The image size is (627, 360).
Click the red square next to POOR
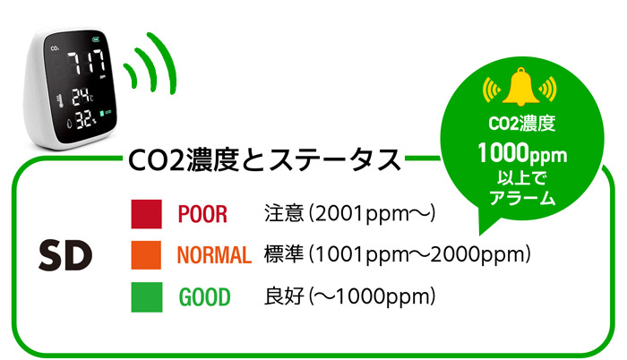pyautogui.click(x=146, y=214)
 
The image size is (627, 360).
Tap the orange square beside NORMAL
pyautogui.click(x=146, y=255)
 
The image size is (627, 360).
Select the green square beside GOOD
pyautogui.click(x=147, y=296)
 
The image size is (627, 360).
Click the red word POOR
pyautogui.click(x=202, y=214)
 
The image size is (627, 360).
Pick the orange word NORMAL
pyautogui.click(x=214, y=255)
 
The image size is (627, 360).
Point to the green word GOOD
pyautogui.click(x=205, y=296)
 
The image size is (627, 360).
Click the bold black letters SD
pyautogui.click(x=65, y=255)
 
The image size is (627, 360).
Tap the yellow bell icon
pyautogui.click(x=520, y=87)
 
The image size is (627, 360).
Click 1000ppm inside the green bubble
pyautogui.click(x=522, y=154)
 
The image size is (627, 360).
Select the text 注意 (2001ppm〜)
pyautogui.click(x=349, y=214)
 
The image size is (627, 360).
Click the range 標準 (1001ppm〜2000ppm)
pyautogui.click(x=397, y=255)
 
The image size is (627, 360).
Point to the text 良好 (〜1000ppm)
pyautogui.click(x=349, y=296)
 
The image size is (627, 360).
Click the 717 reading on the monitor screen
pyautogui.click(x=87, y=62)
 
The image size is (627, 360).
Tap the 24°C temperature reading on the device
pyautogui.click(x=82, y=98)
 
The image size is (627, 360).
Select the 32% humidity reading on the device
pyautogui.click(x=86, y=119)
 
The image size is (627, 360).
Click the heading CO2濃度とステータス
pyautogui.click(x=264, y=159)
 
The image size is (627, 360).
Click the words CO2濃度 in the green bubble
pyautogui.click(x=522, y=124)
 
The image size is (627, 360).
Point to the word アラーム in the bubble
pyautogui.click(x=522, y=198)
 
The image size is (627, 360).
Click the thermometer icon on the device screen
pyautogui.click(x=60, y=101)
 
